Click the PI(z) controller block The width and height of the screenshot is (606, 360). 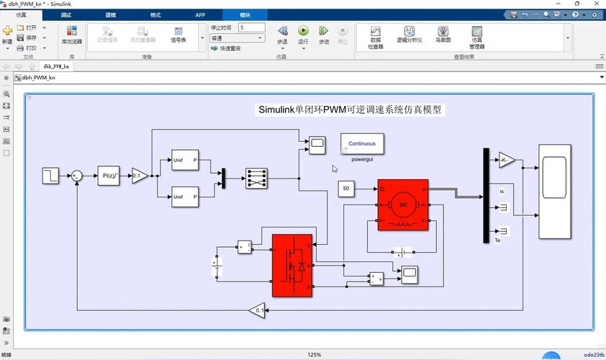109,175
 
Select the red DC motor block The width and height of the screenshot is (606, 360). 402,204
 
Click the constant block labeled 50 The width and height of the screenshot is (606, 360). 346,189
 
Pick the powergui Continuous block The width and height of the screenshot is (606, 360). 362,143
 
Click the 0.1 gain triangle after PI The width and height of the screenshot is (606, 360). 139,175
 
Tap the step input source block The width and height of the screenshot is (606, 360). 50,175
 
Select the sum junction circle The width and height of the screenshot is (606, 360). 77,175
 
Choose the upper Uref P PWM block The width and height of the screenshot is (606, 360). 185,161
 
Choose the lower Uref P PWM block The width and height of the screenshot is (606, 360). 185,196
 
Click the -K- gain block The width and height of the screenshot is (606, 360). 507,160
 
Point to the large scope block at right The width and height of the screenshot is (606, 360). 555,191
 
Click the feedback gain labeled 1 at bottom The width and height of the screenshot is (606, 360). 257,311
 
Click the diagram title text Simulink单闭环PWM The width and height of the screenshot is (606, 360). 351,110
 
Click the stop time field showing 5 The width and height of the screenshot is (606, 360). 251,27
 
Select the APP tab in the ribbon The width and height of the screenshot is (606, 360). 200,14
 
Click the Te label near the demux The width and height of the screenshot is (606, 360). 497,240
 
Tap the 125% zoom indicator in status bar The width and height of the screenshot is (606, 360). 314,354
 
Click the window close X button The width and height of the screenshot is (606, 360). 595,4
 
